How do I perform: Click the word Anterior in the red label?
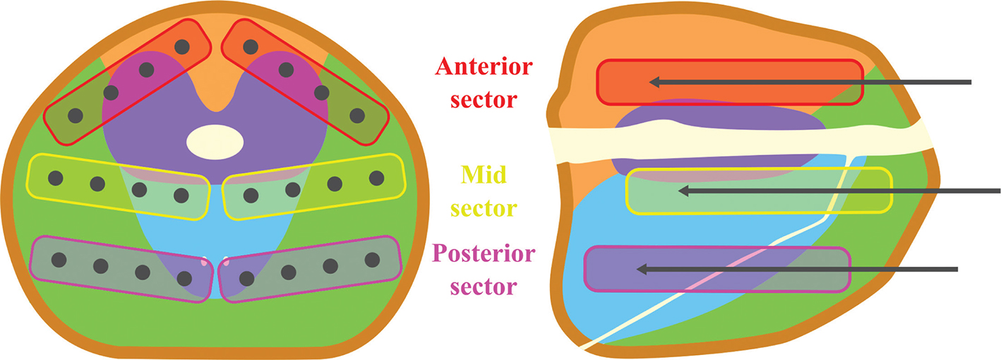pos(484,68)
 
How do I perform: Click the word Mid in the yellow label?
pos(483,174)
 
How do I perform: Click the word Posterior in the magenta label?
pos(483,255)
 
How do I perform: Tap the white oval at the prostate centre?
pos(215,142)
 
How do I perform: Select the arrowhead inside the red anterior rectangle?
pos(654,83)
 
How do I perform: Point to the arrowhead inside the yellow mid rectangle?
pos(683,190)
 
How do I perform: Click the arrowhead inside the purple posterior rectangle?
pos(642,269)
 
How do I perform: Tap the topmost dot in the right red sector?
pos(250,47)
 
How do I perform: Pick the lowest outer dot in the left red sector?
pos(75,115)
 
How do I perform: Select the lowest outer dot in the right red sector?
pos(357,115)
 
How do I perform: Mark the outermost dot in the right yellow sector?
pos(376,178)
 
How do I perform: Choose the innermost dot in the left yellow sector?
pos(181,194)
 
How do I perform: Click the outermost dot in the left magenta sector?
pos(59,259)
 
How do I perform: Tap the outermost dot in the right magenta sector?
pos(371,259)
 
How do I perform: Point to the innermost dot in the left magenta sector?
pos(185,277)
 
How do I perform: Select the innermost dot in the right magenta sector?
pos(246,277)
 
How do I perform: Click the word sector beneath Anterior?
pos(484,100)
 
